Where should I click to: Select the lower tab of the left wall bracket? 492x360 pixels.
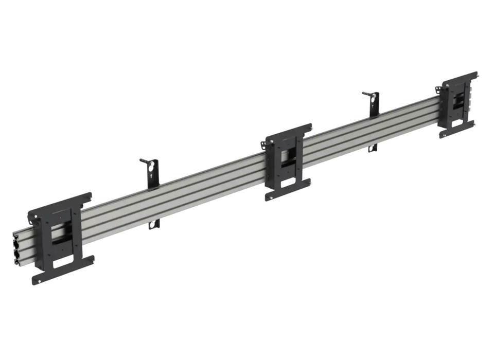[154, 224]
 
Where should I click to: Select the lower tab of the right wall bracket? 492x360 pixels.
[373, 148]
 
